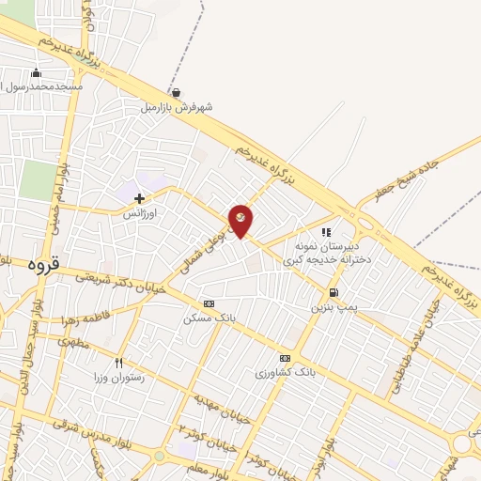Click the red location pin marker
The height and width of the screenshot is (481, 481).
(x=240, y=220)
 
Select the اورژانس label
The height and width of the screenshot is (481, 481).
(x=140, y=214)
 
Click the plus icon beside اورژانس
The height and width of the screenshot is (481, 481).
(x=140, y=198)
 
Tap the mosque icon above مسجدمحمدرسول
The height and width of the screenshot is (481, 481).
(x=37, y=73)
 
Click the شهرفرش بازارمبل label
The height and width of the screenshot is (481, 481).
(x=178, y=107)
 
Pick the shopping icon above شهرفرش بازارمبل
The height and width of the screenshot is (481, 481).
(x=178, y=92)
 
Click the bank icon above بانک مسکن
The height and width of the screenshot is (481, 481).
(x=209, y=304)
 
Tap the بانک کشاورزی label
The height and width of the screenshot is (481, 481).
(x=285, y=373)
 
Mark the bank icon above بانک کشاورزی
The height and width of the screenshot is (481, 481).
(x=285, y=359)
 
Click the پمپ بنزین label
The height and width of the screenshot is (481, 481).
(x=334, y=307)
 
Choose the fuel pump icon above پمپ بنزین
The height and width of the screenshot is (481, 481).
(x=334, y=292)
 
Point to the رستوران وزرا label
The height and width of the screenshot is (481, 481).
(x=118, y=377)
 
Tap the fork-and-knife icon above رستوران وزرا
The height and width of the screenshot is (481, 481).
(x=118, y=363)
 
